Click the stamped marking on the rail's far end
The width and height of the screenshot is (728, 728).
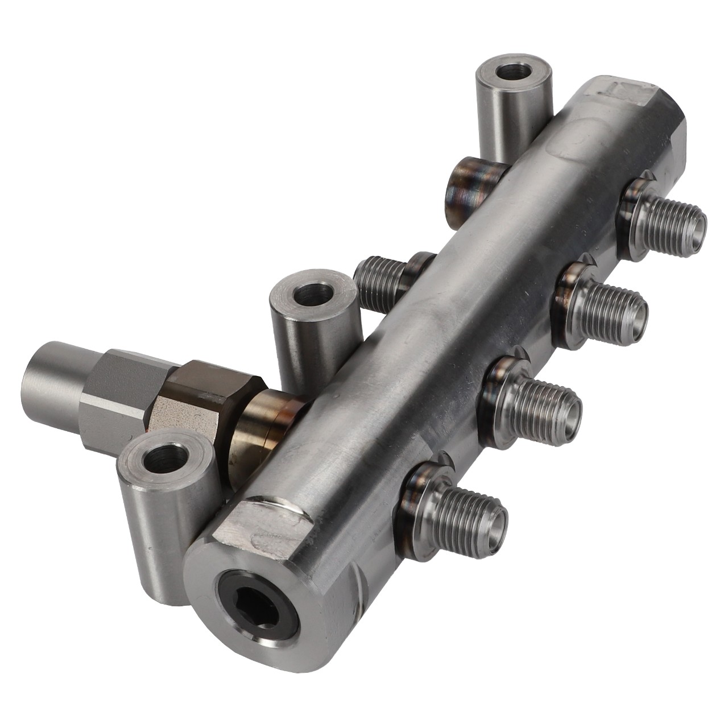626,91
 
